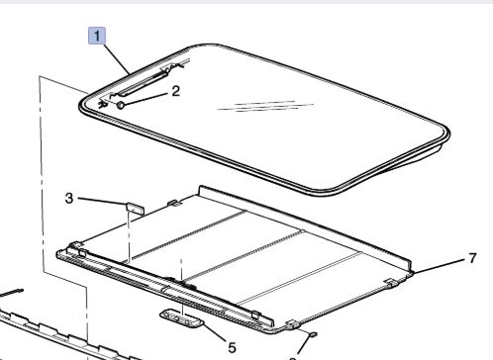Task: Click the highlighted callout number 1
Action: click(x=97, y=36)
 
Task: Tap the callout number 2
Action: click(x=176, y=91)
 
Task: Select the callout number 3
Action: click(x=69, y=198)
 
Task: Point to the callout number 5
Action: click(x=232, y=347)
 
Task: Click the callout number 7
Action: click(x=472, y=258)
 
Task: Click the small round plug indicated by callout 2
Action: click(x=121, y=105)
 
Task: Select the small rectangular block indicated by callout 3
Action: click(x=136, y=208)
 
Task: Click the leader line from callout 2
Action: click(x=146, y=100)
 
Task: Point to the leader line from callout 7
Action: click(x=440, y=266)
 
